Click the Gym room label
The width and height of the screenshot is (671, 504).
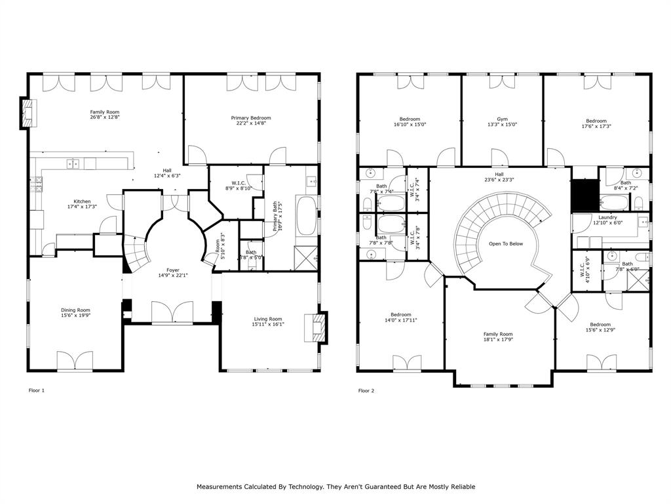click(x=502, y=119)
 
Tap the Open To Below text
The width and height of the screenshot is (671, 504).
click(x=505, y=243)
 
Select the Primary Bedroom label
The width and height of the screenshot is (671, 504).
click(x=250, y=118)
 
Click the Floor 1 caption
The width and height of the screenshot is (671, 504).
click(x=37, y=390)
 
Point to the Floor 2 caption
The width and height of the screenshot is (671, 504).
click(x=366, y=390)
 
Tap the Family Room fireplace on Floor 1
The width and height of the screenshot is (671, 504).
click(x=27, y=113)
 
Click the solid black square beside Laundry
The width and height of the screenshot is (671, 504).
click(x=585, y=194)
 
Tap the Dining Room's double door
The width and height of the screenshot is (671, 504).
click(x=75, y=362)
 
